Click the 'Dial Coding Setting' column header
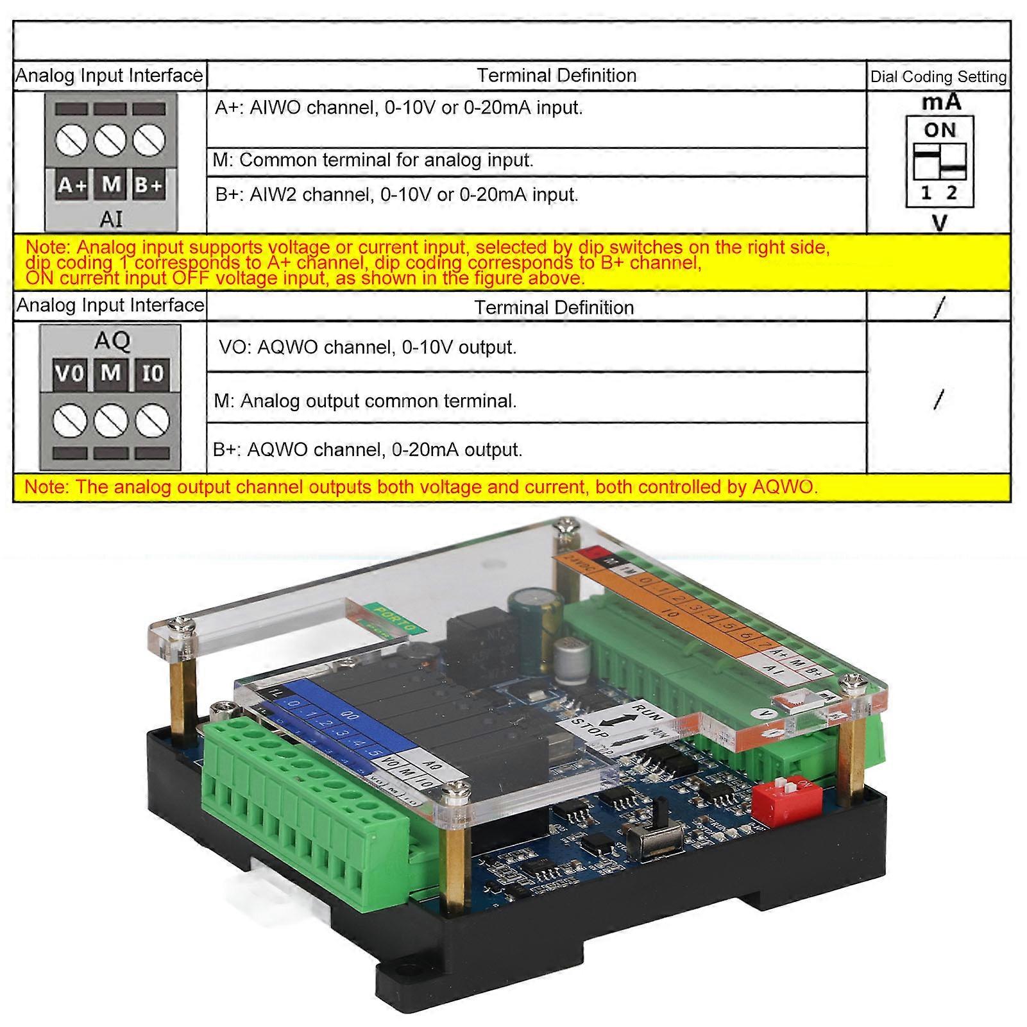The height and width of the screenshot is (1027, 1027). [938, 76]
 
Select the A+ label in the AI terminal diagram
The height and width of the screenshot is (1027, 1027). [71, 185]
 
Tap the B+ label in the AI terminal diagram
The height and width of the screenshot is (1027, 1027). [149, 185]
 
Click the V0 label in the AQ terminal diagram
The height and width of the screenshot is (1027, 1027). [69, 373]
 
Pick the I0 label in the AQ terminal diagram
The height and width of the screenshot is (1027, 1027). [153, 373]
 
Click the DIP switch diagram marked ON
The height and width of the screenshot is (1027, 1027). [940, 161]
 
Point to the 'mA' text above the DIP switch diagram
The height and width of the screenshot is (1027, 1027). [941, 102]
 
